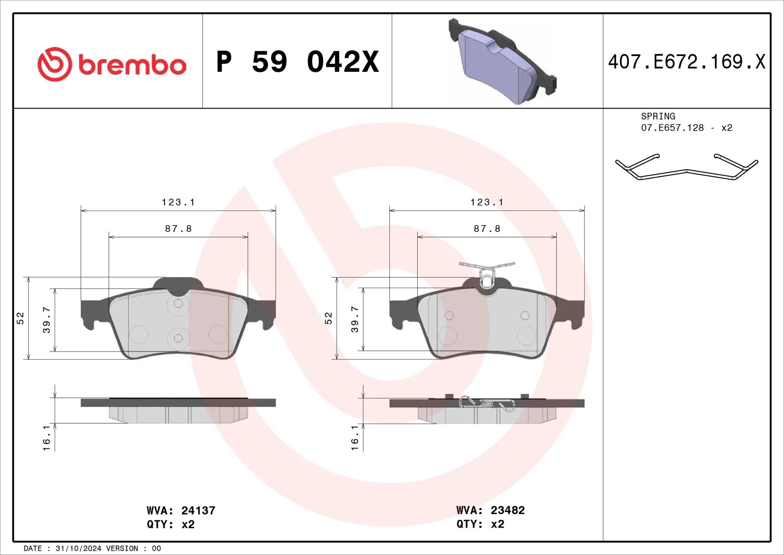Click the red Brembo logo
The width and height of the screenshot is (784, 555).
(111, 64)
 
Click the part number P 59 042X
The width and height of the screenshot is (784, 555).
(297, 62)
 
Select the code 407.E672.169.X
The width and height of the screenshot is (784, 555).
(686, 62)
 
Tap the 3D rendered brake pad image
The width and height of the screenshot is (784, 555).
(502, 61)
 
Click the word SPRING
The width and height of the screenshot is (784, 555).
(658, 116)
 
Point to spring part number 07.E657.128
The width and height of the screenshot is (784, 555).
(672, 128)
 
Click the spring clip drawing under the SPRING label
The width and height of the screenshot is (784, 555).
(686, 168)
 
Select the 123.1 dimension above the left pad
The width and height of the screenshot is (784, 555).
(178, 202)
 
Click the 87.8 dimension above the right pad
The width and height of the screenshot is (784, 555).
(487, 229)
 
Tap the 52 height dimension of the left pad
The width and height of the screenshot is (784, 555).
(20, 318)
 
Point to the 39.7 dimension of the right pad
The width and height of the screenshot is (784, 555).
(355, 319)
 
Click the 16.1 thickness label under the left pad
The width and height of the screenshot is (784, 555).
(47, 438)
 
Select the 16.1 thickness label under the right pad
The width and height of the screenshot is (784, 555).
(355, 438)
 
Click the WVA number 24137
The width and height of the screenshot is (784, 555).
(198, 510)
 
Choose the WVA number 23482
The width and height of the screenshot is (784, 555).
(508, 510)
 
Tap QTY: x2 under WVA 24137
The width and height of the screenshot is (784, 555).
(171, 524)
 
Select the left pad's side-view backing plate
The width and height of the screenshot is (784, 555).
(178, 403)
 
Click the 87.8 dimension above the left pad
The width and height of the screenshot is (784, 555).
(178, 229)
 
